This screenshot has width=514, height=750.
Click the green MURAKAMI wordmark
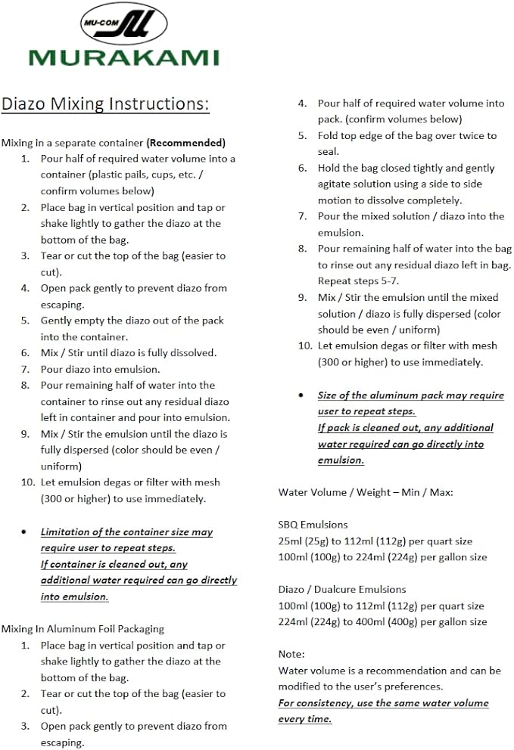click(x=123, y=57)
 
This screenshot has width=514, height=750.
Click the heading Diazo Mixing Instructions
click(x=105, y=104)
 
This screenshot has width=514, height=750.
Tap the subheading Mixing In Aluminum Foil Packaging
click(x=83, y=629)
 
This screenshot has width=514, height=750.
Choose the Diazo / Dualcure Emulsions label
click(x=342, y=589)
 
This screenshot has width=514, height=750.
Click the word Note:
click(x=291, y=654)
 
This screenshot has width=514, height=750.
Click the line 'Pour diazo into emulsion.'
click(x=100, y=369)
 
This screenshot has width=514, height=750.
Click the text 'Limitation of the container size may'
click(x=126, y=532)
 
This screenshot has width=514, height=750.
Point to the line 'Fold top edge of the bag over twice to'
click(x=407, y=136)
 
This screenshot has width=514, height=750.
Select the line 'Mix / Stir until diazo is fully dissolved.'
click(x=129, y=353)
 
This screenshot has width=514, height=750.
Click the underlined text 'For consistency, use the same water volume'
click(x=383, y=702)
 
